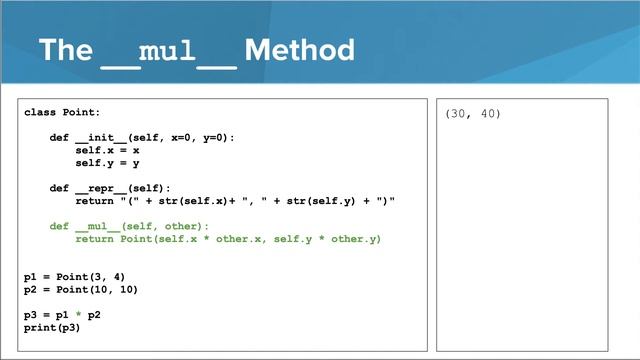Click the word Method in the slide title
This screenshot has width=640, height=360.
pyautogui.click(x=299, y=50)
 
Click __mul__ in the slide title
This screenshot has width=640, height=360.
pyautogui.click(x=168, y=51)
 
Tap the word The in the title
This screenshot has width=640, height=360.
pyautogui.click(x=65, y=50)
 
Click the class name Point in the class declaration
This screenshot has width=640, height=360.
pyautogui.click(x=81, y=113)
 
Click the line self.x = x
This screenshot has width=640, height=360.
pyautogui.click(x=107, y=150)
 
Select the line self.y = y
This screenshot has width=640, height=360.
pyautogui.click(x=107, y=163)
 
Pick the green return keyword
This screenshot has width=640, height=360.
pyautogui.click(x=94, y=239)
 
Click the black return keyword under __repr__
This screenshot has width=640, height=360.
pyautogui.click(x=94, y=201)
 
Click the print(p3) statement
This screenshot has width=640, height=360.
pyautogui.click(x=52, y=327)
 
